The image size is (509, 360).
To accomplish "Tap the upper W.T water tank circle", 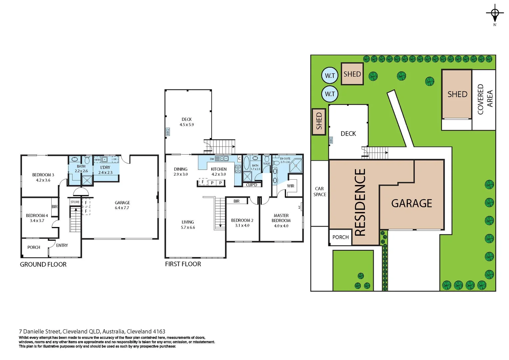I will pos(330,76).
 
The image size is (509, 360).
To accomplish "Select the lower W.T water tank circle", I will pos(330,94).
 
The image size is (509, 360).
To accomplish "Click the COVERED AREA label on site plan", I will pos(485,99).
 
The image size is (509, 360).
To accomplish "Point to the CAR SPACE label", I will pos(319,191).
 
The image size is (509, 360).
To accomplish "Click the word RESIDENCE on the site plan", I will pos(360,202).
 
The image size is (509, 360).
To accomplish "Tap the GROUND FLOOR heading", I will pos(43,264).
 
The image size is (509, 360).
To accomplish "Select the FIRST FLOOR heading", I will pos(183,264).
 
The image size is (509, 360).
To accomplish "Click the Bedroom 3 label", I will pos(43,175).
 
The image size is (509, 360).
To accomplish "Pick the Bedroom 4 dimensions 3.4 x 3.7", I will pos(37,221).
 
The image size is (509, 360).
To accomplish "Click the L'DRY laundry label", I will pos(105,167).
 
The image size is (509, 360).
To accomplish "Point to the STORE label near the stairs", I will pos(75,202).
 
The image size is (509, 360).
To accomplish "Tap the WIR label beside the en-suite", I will pos(290,186).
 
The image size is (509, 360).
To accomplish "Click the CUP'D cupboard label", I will pos(252,185).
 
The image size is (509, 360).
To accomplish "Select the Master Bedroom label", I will pos(281,218).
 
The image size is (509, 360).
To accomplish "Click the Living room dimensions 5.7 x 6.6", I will pos(188,227).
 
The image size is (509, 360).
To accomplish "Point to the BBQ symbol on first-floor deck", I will pos(168,132).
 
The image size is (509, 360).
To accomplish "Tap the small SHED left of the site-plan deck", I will pos(319,121).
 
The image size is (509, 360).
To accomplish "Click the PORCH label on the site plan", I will pos(340,237).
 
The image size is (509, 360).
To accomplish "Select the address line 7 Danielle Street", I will pos(92,331).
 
